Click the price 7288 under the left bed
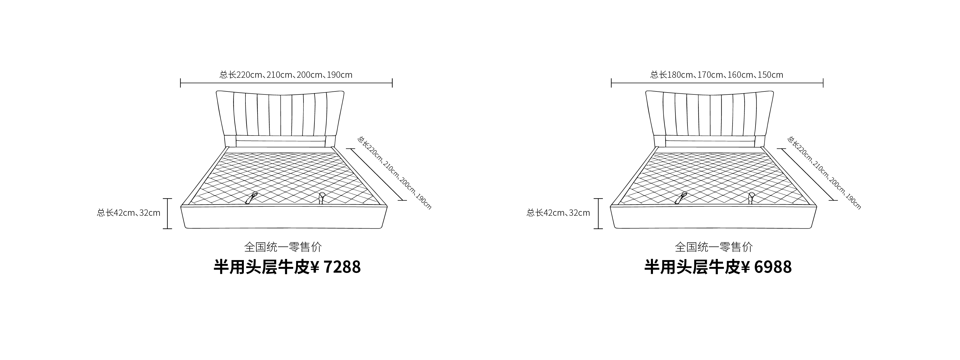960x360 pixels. tap(342, 267)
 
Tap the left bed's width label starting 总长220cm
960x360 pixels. tap(286, 74)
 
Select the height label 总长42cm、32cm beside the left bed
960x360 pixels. tap(129, 213)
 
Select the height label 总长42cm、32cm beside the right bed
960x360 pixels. tap(558, 213)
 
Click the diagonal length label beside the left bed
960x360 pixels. tap(394, 172)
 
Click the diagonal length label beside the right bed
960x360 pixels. tap(824, 172)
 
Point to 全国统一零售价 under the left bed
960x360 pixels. tap(283, 247)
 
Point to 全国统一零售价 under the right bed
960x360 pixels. tap(714, 247)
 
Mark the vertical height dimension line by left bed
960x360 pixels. tap(167, 214)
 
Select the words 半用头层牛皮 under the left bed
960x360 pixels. tap(262, 267)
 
